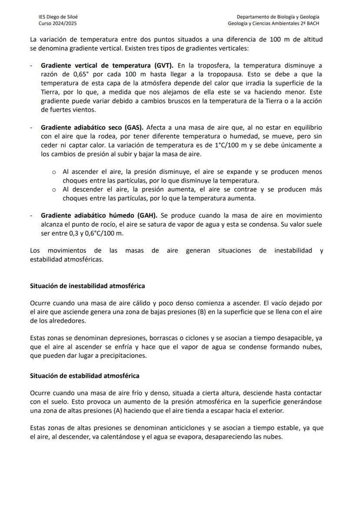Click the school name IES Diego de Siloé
pyautogui.click(x=56, y=17)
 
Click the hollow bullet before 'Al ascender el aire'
pyautogui.click(x=54, y=172)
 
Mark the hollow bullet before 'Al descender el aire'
pyautogui.click(x=54, y=190)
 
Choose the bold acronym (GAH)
pyautogui.click(x=148, y=216)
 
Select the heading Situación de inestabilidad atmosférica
pyautogui.click(x=87, y=286)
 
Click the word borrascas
pyautogui.click(x=148, y=338)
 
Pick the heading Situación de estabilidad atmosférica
pyautogui.click(x=84, y=376)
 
